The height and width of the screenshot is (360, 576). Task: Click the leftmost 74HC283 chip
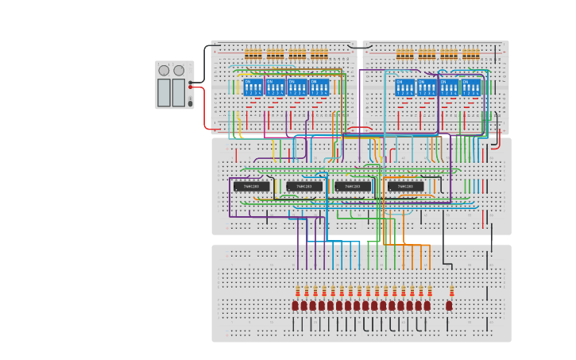point(251,187)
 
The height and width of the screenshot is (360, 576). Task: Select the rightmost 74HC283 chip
point(405,187)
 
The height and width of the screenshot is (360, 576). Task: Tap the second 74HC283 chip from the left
point(304,187)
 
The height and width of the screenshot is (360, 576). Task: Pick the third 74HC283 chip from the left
point(353,187)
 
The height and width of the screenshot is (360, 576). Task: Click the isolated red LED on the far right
point(449,305)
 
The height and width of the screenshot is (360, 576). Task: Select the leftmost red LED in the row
point(295,305)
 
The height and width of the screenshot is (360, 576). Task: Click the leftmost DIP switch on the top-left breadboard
point(253,87)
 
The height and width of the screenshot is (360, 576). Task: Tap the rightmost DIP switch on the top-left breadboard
point(319,87)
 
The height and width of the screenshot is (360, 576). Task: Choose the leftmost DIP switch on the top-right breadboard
point(404,87)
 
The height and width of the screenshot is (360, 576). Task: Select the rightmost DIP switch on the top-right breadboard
point(471,87)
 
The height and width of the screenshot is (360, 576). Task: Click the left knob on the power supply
point(164,71)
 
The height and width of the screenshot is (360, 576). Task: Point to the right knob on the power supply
point(179,71)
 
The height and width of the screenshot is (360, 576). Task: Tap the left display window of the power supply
point(164,92)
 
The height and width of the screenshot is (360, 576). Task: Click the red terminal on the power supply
point(191,87)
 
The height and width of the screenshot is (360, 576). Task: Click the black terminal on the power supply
point(191,82)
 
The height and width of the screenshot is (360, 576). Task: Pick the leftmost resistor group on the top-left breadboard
point(253,54)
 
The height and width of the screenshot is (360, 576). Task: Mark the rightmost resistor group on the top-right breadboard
point(471,54)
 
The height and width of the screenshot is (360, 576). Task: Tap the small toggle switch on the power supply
point(190,103)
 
